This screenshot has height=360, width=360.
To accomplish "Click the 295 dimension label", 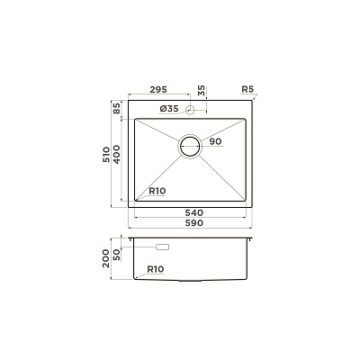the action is (x=158, y=89).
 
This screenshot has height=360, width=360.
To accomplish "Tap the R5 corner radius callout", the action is (x=247, y=89).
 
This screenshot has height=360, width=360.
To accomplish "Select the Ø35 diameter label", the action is (x=169, y=109).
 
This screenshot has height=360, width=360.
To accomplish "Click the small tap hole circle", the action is (x=190, y=110).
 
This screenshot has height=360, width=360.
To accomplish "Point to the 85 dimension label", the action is (x=116, y=108).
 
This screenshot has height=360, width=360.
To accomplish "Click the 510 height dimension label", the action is (x=106, y=155).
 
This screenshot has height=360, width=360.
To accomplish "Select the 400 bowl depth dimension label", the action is (x=116, y=154).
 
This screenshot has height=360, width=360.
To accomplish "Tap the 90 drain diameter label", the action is (x=215, y=141).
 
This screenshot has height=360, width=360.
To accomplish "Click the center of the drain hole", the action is (x=190, y=147).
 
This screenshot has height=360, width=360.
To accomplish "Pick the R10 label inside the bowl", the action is (x=157, y=191).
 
